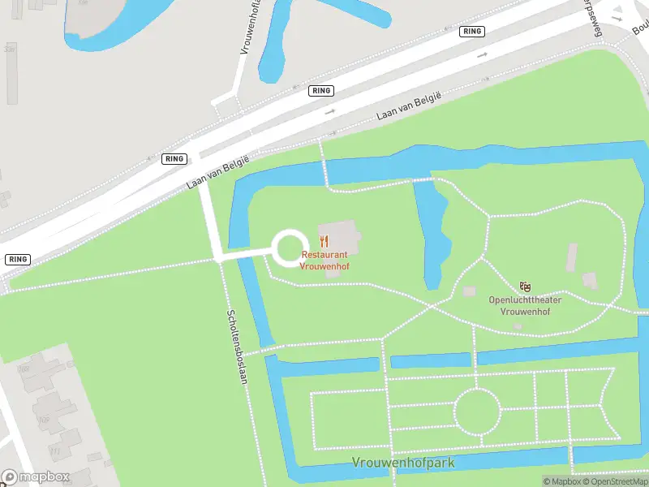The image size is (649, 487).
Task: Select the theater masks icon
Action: (x=526, y=287)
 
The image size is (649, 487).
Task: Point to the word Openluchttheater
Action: (x=525, y=300)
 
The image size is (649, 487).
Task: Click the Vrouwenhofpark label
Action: (x=403, y=463)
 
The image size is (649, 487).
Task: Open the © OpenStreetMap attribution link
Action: (x=614, y=481)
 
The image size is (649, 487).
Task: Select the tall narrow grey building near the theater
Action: (x=572, y=257)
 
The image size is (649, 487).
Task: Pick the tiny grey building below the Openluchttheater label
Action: (x=518, y=327)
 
